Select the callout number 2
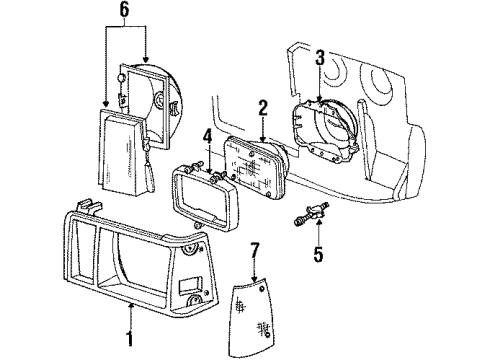[x=263, y=107]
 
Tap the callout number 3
[x=320, y=58]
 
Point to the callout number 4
[x=208, y=137]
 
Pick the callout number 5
[x=318, y=254]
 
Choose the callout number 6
[x=124, y=10]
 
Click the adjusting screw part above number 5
[x=311, y=213]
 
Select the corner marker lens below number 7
[x=252, y=317]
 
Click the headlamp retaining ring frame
[x=206, y=198]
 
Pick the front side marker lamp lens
[x=123, y=153]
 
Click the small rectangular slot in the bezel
[x=190, y=286]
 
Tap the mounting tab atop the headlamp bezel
[x=88, y=206]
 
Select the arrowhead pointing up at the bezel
[x=131, y=305]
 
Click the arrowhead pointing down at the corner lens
[x=254, y=279]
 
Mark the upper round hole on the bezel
[x=191, y=249]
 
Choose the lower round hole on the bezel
[x=194, y=300]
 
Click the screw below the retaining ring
[x=198, y=226]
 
